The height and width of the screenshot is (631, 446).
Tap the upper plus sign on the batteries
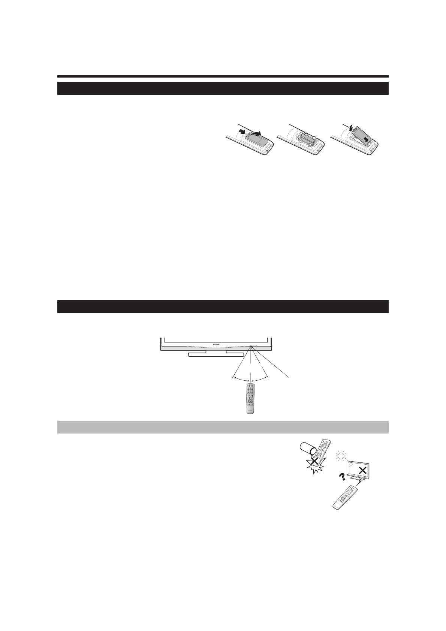click(x=306, y=133)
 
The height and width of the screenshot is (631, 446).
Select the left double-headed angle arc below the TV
click(x=241, y=379)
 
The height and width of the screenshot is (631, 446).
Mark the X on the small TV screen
click(x=362, y=471)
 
